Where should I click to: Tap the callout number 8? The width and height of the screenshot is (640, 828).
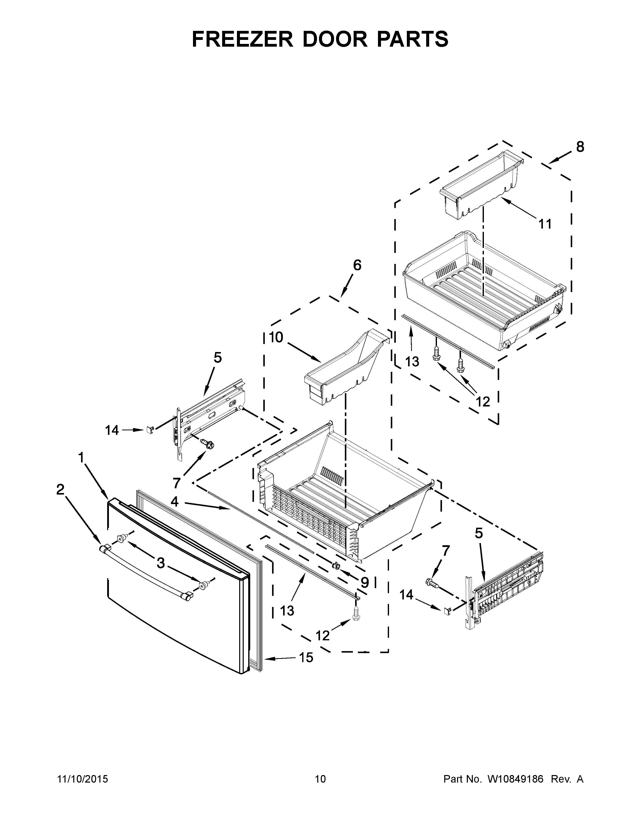(580, 147)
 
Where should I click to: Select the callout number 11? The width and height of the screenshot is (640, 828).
(545, 224)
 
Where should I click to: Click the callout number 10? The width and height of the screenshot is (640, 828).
(276, 337)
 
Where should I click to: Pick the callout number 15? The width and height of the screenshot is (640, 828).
(306, 657)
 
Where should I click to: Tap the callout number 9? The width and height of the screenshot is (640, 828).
(364, 582)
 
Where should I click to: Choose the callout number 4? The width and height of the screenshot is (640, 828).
(174, 502)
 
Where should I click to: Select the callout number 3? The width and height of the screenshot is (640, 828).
(161, 563)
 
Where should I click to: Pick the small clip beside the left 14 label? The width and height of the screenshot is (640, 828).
(150, 430)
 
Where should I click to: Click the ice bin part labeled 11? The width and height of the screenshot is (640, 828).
(480, 186)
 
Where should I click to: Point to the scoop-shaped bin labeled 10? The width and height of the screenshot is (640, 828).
(343, 366)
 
